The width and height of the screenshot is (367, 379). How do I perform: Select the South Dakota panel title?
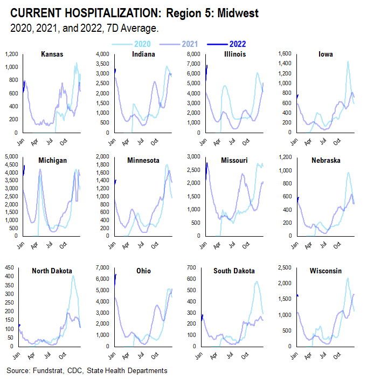point(234,271)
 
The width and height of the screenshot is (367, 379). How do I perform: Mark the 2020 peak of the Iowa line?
point(348,61)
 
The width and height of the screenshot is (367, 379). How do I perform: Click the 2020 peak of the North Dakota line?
point(73,275)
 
